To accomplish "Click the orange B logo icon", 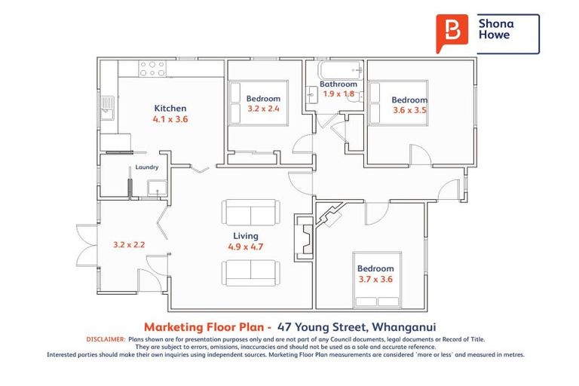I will click(452, 33).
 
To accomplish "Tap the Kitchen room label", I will click(170, 109).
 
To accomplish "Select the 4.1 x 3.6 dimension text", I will click(170, 119).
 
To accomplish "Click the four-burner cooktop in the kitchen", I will click(152, 69).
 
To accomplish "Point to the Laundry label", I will click(146, 168).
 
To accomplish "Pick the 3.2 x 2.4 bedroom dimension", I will click(263, 109).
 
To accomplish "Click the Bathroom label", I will click(338, 84).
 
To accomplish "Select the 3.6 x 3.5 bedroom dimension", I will click(409, 110).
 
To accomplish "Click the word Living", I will click(245, 235).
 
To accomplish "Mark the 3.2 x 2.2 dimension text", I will click(128, 244).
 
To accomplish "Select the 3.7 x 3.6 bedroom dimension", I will click(375, 279).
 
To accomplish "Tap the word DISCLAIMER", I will click(106, 340).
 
